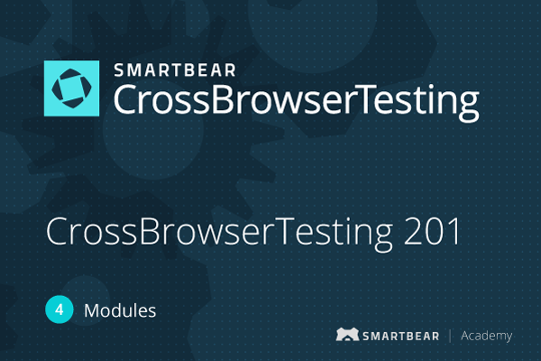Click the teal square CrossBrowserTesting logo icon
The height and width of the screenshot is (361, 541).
72,88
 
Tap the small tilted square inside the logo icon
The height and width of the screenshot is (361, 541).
72,88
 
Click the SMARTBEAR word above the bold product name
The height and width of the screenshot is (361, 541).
175,70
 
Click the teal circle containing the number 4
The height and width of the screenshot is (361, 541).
60,310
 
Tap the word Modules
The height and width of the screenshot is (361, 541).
120,310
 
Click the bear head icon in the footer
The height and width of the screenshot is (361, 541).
347,335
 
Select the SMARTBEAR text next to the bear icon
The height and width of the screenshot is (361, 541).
401,336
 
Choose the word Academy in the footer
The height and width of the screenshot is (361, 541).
487,336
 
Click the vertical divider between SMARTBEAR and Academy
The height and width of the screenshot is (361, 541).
450,336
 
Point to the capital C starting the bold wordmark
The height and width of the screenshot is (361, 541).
125,99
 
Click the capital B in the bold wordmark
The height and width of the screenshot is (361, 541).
222,99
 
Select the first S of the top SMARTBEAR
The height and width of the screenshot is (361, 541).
119,70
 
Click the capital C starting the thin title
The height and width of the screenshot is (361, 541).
58,231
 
